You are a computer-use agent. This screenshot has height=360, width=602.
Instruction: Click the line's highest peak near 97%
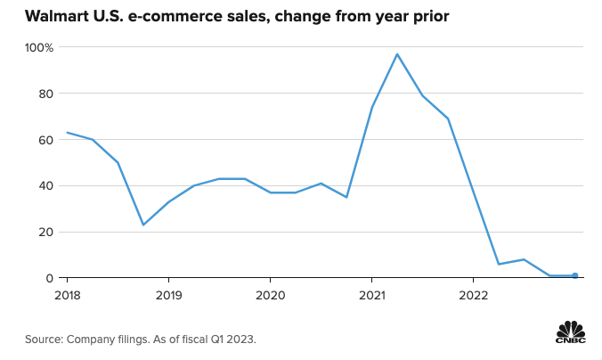[397, 54]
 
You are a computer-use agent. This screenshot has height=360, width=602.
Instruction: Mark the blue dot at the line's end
[575, 275]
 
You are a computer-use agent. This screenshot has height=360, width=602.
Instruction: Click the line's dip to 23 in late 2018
[142, 225]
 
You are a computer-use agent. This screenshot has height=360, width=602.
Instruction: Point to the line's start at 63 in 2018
[67, 133]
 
